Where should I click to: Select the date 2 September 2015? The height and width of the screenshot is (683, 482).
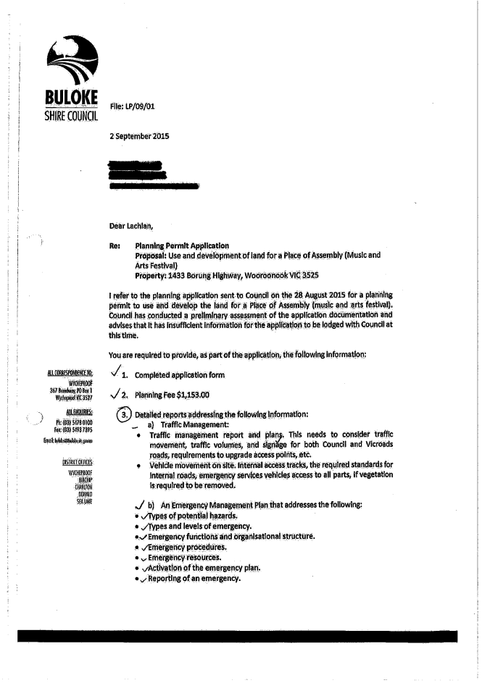coord(139,135)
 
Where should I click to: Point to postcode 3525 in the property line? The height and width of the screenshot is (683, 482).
coord(309,275)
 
